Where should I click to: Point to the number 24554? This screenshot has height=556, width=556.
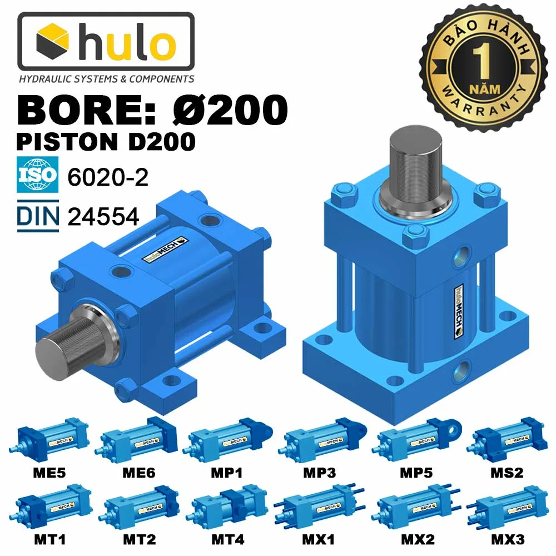(x=103, y=217)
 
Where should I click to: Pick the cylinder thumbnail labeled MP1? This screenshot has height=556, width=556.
(x=228, y=439)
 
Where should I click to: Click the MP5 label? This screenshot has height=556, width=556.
(x=418, y=473)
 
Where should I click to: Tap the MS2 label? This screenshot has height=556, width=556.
(x=507, y=473)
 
